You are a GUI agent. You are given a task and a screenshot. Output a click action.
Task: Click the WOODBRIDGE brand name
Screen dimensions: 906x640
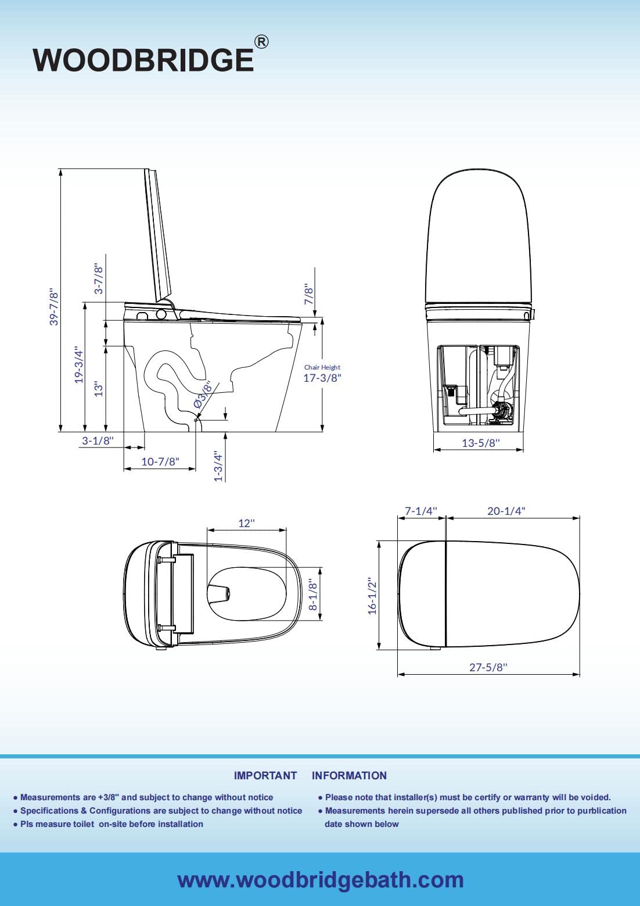click(x=143, y=60)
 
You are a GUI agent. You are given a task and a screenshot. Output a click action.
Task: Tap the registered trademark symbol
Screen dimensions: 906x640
click(x=261, y=42)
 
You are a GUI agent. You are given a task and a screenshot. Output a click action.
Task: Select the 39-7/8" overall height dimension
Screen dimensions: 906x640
click(x=53, y=306)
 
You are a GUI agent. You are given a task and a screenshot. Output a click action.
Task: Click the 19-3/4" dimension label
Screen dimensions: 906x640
click(x=79, y=364)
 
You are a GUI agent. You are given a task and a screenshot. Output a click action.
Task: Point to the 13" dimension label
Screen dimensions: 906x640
click(x=99, y=389)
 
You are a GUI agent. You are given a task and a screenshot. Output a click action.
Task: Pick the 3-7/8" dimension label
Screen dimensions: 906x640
click(x=99, y=280)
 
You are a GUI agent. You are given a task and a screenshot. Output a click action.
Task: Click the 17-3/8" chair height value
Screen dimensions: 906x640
click(x=322, y=378)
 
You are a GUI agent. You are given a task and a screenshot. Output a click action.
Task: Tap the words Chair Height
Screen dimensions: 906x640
click(x=322, y=367)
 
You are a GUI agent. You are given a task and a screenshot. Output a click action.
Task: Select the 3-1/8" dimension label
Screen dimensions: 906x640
click(x=98, y=441)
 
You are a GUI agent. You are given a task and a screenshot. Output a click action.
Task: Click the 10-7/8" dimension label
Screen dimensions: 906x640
click(x=160, y=461)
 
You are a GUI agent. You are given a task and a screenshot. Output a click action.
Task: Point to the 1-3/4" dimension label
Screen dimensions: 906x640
click(x=218, y=466)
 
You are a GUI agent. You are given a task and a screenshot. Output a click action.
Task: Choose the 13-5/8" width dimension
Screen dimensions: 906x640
click(x=480, y=443)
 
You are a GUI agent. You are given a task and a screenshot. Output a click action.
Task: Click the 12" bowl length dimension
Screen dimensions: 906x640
click(x=246, y=523)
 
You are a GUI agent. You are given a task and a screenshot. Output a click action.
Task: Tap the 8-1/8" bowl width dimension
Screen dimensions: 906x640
click(x=312, y=594)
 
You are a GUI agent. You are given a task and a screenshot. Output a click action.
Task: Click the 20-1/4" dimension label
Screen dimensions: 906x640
click(x=506, y=511)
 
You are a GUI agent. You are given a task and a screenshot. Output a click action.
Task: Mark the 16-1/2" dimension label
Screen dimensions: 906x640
click(x=372, y=596)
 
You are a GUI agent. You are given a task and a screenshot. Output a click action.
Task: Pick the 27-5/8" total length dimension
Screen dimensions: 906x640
click(x=488, y=667)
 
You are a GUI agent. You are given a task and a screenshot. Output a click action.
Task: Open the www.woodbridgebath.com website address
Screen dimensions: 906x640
click(x=321, y=880)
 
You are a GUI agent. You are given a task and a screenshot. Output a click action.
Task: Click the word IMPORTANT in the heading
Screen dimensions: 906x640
click(x=265, y=776)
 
